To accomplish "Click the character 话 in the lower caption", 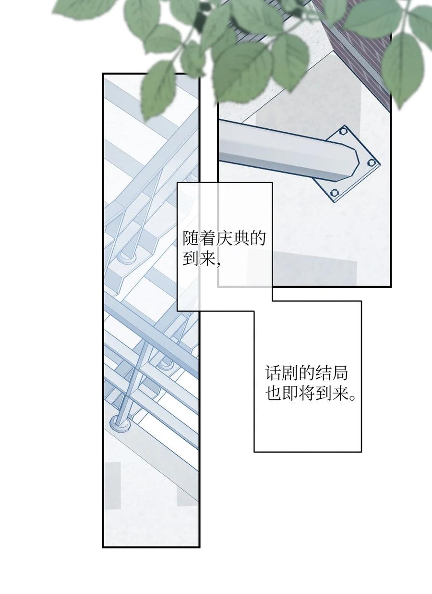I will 273,373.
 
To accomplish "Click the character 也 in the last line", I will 273,395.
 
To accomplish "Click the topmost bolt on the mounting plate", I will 343,131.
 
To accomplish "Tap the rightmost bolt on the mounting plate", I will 371,162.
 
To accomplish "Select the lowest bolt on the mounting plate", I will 335,193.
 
